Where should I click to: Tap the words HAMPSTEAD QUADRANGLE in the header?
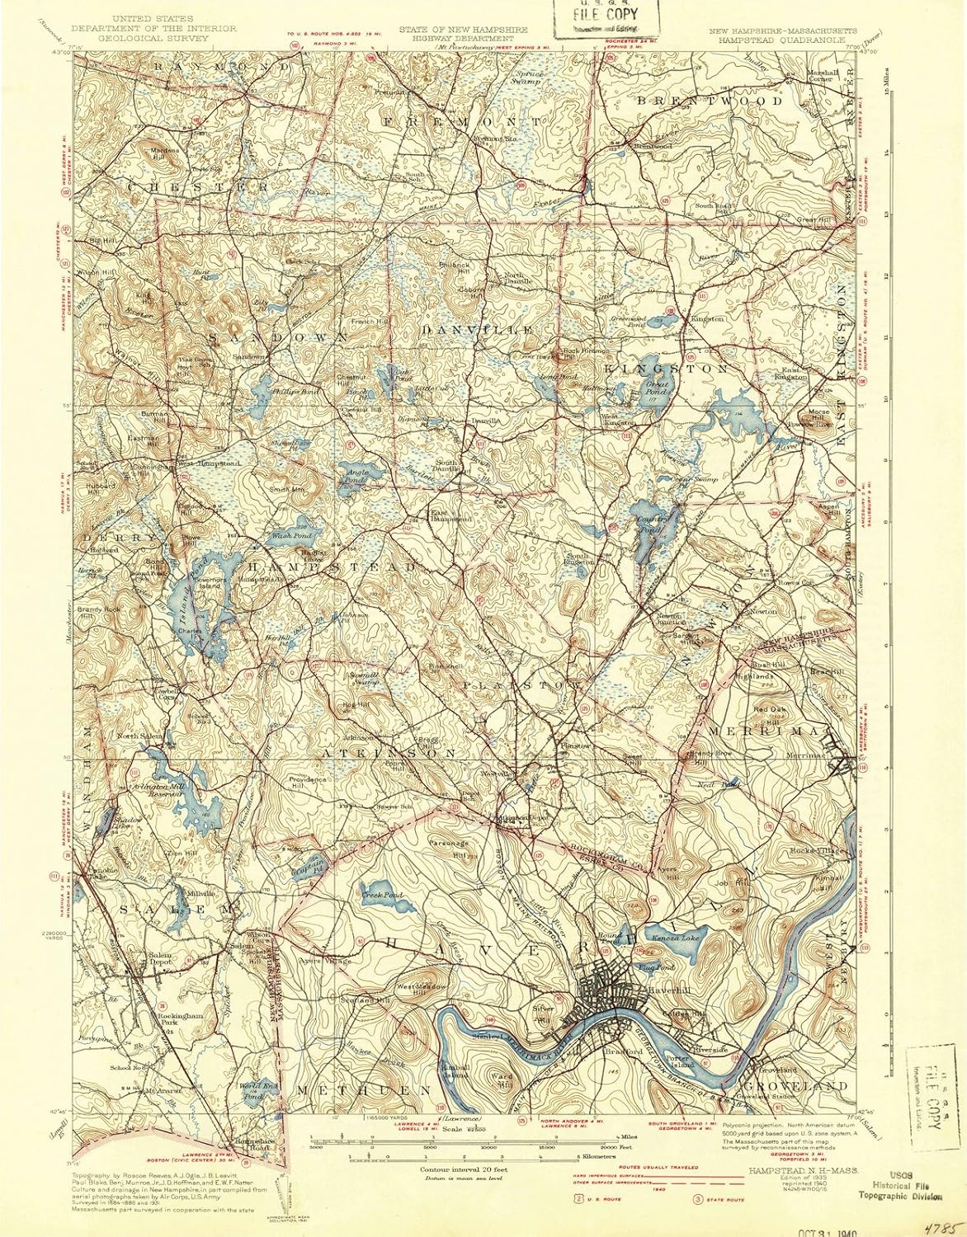point(774,38)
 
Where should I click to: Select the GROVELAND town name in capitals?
point(798,1086)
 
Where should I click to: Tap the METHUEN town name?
point(364,1090)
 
